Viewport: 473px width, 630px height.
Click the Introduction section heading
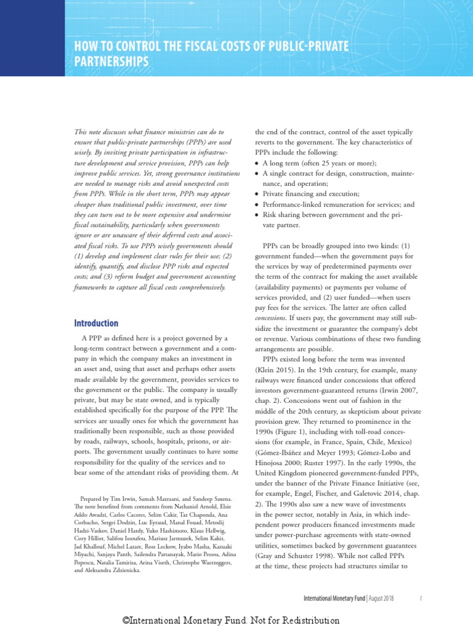point(96,323)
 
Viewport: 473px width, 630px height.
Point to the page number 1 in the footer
point(419,598)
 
